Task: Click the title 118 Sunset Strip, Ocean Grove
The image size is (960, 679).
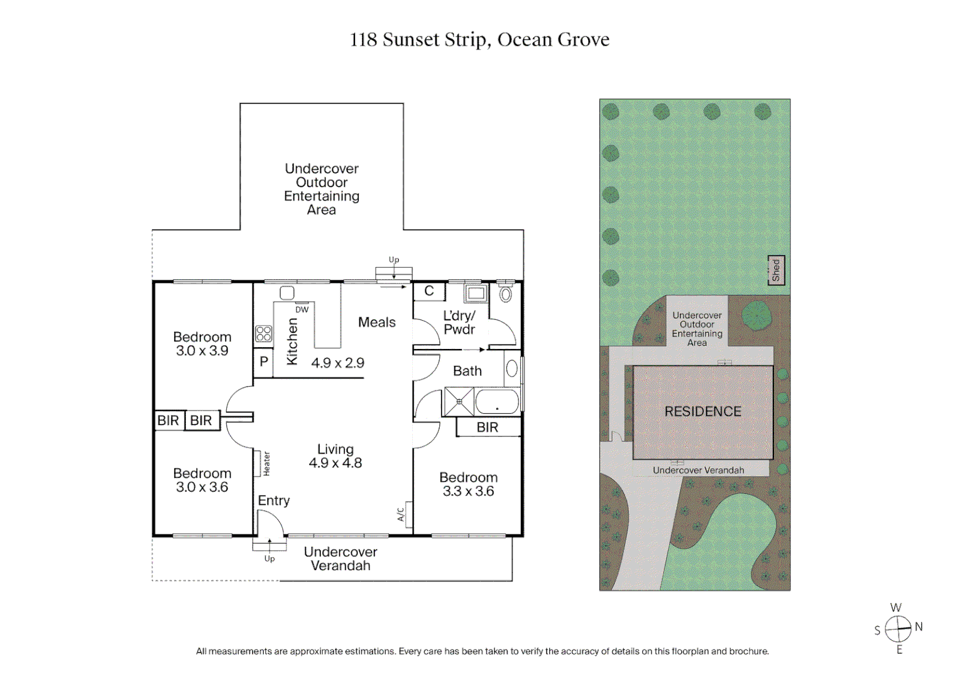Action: click(479, 40)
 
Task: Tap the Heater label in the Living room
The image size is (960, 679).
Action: click(266, 463)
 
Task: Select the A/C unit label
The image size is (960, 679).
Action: click(401, 514)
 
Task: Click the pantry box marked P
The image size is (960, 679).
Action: click(263, 362)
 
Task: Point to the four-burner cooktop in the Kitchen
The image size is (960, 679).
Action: click(263, 334)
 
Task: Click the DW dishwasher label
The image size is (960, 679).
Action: click(302, 309)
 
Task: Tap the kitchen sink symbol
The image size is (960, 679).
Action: click(287, 293)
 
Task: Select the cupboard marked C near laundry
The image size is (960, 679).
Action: click(429, 291)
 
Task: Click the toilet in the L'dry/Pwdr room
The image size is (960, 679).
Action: click(506, 293)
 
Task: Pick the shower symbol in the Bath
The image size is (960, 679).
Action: click(459, 402)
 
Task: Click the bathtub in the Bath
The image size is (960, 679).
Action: click(497, 402)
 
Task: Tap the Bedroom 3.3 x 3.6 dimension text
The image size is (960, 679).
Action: click(468, 491)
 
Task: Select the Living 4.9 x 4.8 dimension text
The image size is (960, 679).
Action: click(335, 463)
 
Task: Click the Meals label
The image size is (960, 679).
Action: click(376, 323)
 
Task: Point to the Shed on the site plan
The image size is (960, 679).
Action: click(776, 270)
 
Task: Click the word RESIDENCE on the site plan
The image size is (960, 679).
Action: click(702, 412)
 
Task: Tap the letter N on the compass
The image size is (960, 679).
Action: click(919, 627)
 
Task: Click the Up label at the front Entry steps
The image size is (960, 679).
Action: click(270, 558)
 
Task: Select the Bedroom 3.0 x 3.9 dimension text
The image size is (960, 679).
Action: click(202, 351)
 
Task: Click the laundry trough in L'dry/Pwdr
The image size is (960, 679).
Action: click(475, 293)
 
